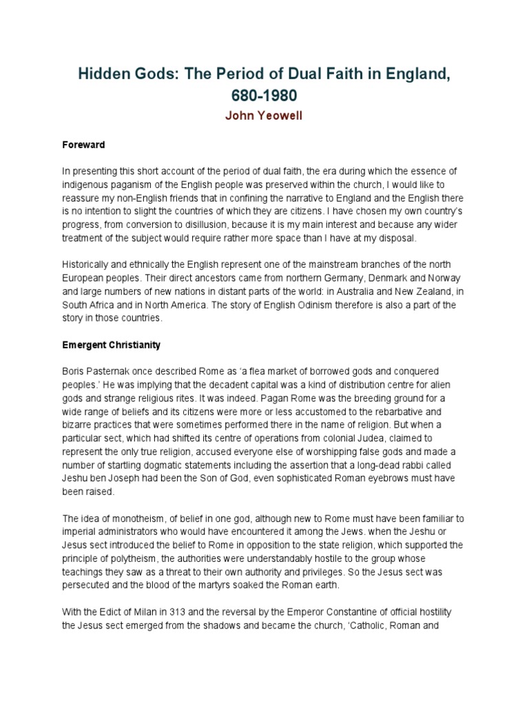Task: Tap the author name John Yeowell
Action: click(x=264, y=116)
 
